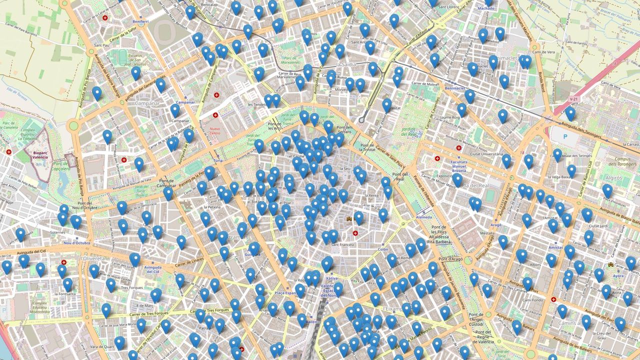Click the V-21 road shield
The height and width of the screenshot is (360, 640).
[573, 99]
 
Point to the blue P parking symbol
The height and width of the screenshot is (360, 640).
[565, 136]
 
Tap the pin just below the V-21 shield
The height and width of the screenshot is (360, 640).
[570, 113]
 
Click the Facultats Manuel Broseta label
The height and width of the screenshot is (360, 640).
[459, 166]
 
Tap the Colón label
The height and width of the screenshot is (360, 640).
[383, 249]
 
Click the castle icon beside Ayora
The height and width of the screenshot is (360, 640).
[610, 264]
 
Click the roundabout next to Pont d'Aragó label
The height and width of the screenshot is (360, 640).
[468, 260]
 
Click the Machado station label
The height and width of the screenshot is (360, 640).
[486, 8]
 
